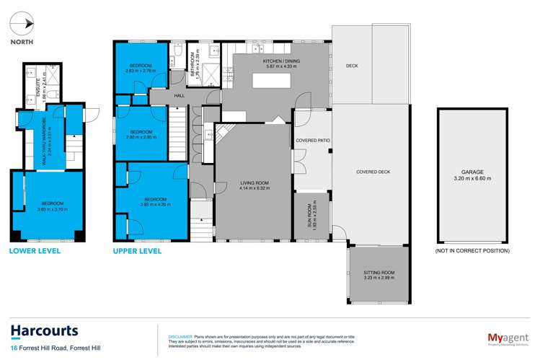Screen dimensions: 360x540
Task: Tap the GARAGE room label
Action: [472, 172]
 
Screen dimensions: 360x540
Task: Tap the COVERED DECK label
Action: [373, 172]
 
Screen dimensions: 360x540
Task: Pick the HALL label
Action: [180, 95]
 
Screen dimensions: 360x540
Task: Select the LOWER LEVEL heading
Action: [35, 251]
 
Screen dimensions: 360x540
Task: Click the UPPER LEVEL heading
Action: [137, 251]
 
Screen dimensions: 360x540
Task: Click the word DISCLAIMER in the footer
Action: [180, 336]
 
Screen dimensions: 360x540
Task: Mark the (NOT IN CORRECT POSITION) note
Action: [472, 251]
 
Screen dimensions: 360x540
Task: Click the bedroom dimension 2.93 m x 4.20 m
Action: [155, 205]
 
